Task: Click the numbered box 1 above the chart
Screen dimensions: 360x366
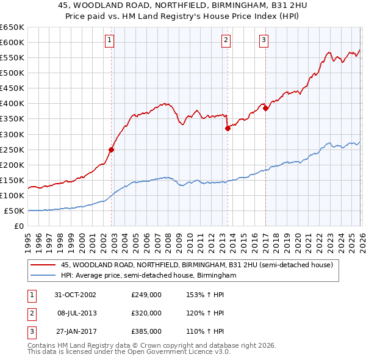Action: point(109,41)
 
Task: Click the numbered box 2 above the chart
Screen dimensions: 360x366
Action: point(226,41)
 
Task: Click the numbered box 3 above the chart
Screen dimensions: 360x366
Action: point(264,41)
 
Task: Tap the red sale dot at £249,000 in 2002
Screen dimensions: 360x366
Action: point(112,149)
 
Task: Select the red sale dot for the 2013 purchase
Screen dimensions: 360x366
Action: point(228,128)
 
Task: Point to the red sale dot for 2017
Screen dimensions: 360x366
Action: point(265,108)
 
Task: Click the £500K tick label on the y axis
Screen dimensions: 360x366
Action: point(12,73)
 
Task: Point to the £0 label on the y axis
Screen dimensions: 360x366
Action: point(18,226)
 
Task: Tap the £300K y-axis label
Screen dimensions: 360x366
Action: point(12,134)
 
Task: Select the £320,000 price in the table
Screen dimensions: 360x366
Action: point(146,313)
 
